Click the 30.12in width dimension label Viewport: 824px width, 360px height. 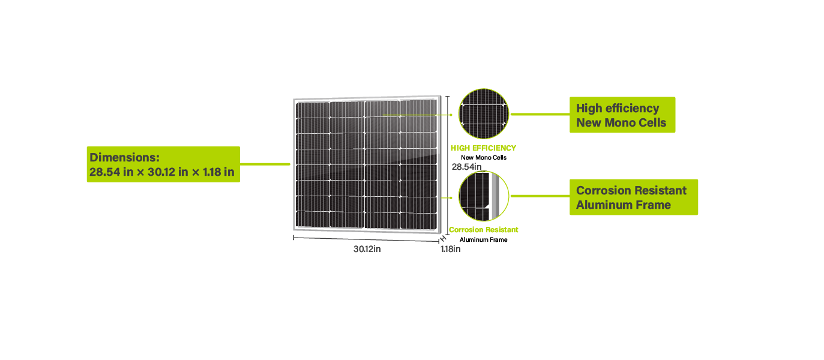(367, 249)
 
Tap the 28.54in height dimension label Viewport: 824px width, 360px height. (466, 167)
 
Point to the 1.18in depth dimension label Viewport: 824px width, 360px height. (450, 249)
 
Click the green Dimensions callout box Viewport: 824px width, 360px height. (163, 164)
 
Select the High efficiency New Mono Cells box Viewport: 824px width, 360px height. (622, 115)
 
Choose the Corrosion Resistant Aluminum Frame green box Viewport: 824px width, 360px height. (633, 197)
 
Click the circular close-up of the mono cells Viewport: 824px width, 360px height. (483, 113)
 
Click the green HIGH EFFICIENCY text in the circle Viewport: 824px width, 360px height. (483, 148)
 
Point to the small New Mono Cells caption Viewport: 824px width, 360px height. (484, 157)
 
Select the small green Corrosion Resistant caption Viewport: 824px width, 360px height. (484, 230)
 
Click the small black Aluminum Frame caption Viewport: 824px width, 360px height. (484, 239)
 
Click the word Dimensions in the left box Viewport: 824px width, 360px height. (124, 157)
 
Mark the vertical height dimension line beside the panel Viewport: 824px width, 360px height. (447, 162)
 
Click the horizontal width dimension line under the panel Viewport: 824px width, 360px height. (366, 239)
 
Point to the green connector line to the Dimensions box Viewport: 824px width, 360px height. (265, 163)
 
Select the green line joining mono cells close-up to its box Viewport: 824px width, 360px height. (539, 113)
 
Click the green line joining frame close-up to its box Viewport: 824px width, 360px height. (539, 196)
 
